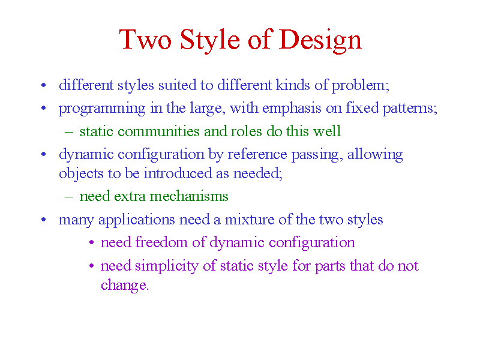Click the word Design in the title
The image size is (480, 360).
pyautogui.click(x=320, y=41)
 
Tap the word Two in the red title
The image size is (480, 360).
pyautogui.click(x=145, y=39)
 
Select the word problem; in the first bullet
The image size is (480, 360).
pyautogui.click(x=361, y=86)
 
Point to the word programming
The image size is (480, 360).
pyautogui.click(x=102, y=109)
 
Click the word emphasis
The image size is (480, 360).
pyautogui.click(x=292, y=109)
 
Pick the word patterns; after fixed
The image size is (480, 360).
pyautogui.click(x=410, y=109)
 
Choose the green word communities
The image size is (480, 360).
pyautogui.click(x=158, y=131)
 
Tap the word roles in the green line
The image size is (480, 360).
pyautogui.click(x=246, y=131)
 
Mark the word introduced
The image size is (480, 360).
pyautogui.click(x=178, y=173)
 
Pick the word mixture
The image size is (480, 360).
pyautogui.click(x=250, y=220)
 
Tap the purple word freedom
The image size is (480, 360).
pyautogui.click(x=161, y=242)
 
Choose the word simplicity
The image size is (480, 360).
pyautogui.click(x=167, y=266)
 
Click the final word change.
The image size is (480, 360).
pyautogui.click(x=125, y=286)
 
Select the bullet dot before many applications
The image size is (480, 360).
pyautogui.click(x=43, y=220)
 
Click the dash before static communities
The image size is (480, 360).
pyautogui.click(x=69, y=132)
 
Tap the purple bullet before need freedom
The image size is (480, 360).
pyautogui.click(x=92, y=242)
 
